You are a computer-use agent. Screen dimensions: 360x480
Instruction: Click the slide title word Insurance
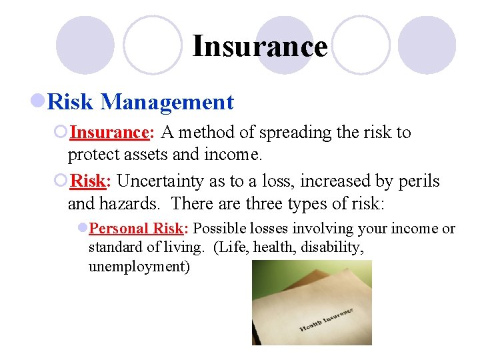tap(259, 47)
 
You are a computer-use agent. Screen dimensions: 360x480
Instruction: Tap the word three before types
tap(268, 203)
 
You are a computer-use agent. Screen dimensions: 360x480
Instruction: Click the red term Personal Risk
tap(138, 229)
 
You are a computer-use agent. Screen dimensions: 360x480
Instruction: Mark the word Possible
tap(219, 229)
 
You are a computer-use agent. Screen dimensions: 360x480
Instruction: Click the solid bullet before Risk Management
tap(39, 102)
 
